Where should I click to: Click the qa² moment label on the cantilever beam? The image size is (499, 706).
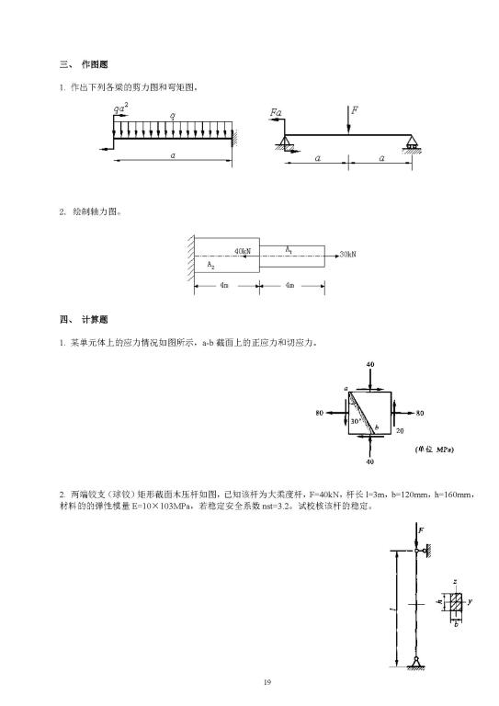click(120, 108)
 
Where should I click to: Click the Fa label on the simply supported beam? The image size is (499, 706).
click(276, 112)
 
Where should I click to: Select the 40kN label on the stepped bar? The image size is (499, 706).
click(243, 250)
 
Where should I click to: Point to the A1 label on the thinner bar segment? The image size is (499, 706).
click(289, 248)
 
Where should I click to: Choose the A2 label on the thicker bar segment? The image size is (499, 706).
click(211, 266)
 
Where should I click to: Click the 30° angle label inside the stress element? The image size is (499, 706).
click(356, 421)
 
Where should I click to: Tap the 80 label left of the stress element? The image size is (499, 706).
click(319, 413)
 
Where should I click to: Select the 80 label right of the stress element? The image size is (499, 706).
click(419, 413)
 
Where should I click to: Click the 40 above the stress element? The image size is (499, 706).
click(369, 364)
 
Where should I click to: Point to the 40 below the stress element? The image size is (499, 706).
click(369, 461)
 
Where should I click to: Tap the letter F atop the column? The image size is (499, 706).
click(420, 530)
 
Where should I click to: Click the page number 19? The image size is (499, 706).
click(267, 681)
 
